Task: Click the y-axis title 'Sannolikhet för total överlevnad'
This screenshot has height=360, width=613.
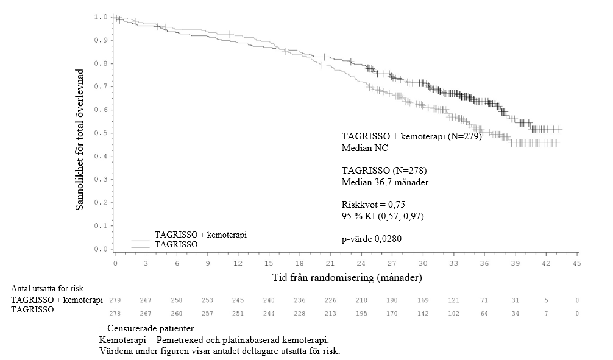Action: (80, 139)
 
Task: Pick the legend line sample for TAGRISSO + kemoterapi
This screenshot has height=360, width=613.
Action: (141, 240)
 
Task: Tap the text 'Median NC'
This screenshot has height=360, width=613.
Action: (364, 148)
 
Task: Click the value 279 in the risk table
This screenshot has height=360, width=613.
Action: (115, 300)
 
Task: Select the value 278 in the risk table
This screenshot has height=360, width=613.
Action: (115, 313)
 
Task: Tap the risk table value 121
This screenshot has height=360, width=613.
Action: (453, 300)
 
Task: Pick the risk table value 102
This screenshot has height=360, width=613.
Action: (453, 313)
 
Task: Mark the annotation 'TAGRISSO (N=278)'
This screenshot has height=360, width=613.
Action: (379, 171)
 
